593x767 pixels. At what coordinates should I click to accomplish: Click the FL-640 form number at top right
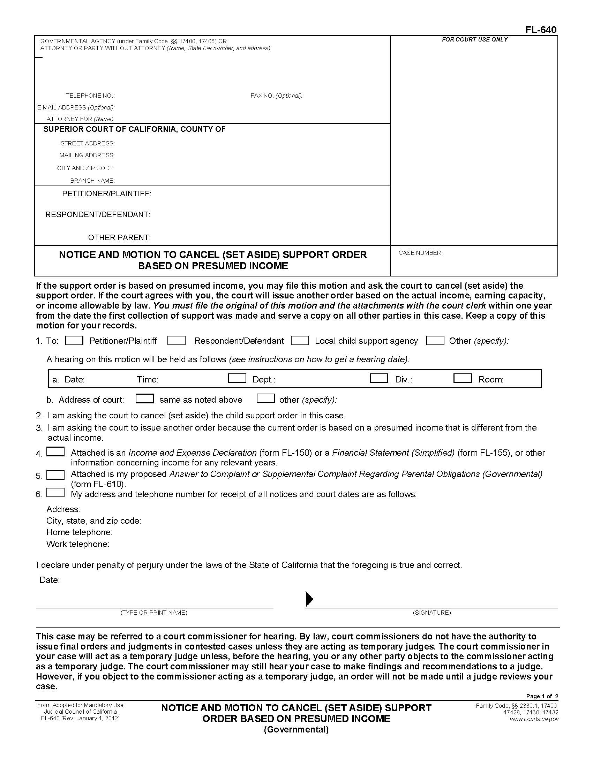tap(541, 30)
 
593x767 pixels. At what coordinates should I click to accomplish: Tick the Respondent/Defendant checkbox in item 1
tap(177, 340)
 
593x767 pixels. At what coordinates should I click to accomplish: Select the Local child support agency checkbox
tap(300, 340)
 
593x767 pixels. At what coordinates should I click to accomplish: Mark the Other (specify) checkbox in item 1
tap(435, 340)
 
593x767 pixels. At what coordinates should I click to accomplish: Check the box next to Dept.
tap(237, 378)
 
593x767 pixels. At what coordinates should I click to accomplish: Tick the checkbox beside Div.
tap(379, 378)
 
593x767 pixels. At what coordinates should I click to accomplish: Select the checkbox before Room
tap(462, 378)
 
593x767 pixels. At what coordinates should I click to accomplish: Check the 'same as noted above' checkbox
tap(145, 398)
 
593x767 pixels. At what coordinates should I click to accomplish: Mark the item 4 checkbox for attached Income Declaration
tap(55, 451)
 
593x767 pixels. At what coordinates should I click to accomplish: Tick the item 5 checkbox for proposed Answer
tap(55, 475)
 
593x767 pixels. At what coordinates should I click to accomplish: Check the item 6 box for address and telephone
tap(55, 493)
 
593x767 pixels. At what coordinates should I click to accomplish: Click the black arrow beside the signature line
tap(309, 599)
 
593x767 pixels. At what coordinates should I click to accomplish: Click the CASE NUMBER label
tap(420, 253)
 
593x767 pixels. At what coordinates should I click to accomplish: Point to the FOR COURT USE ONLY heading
tap(475, 40)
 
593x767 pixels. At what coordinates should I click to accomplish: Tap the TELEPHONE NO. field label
tap(90, 96)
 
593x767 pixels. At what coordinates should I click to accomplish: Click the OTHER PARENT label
tap(119, 237)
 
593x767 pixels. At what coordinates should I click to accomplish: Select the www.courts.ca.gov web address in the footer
tap(534, 719)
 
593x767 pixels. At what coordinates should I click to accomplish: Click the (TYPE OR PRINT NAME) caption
tap(154, 613)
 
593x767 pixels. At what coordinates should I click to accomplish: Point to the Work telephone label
tap(78, 544)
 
